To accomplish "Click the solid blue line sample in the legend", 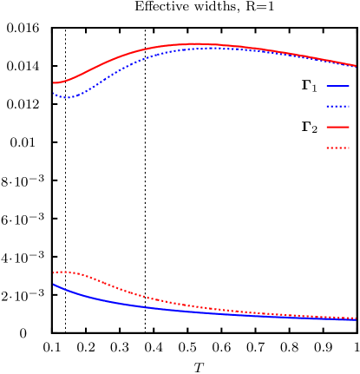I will pos(337,85).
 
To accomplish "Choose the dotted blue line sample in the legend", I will pos(337,106).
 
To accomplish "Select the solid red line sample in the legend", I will pos(337,127).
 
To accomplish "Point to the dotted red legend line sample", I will pos(337,148).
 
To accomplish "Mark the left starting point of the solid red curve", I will pos(54,83).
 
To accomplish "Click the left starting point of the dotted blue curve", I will pos(54,93).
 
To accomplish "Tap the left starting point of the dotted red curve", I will pos(54,272).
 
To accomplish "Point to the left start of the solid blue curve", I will pos(54,284).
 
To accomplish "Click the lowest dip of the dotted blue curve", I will pos(67,97).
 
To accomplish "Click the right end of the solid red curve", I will pos(356,65).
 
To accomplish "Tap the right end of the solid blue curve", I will pos(356,319).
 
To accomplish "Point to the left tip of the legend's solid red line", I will pos(327,127).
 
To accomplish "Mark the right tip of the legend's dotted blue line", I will pos(349,106).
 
